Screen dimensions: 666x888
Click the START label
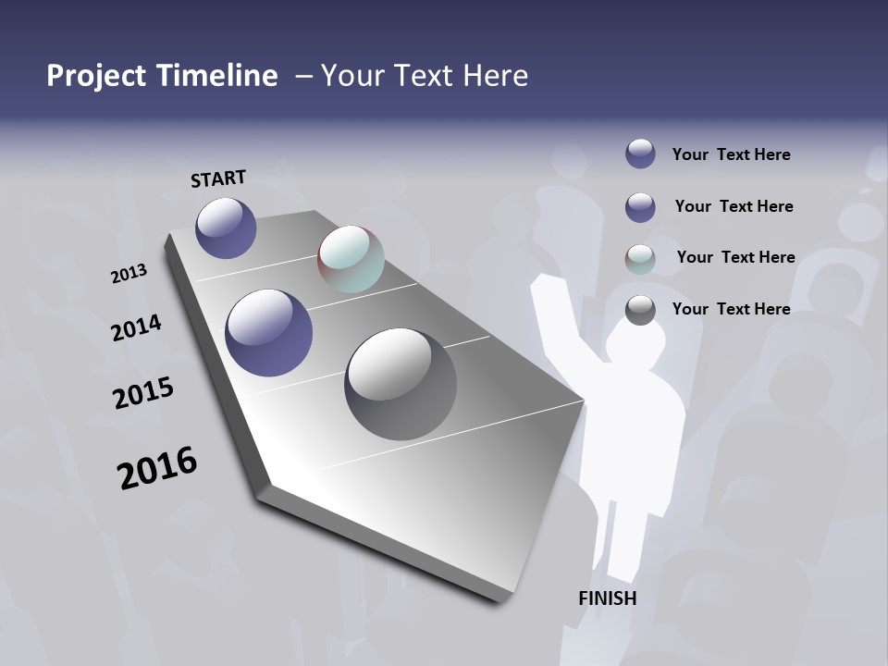click(218, 179)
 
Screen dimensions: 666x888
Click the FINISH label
click(607, 598)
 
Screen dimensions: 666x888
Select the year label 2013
click(129, 274)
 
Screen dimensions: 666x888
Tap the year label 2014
click(136, 327)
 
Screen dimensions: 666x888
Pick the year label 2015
click(143, 393)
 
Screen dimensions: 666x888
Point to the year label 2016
click(157, 468)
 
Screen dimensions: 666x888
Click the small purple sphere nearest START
click(226, 228)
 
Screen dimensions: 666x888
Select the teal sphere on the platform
click(351, 259)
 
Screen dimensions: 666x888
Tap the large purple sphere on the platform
click(269, 333)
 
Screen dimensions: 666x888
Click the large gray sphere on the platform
click(401, 384)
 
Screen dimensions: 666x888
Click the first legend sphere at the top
click(640, 154)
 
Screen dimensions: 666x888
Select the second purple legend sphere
click(640, 207)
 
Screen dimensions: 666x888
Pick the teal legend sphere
click(640, 259)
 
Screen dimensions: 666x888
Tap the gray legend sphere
click(640, 310)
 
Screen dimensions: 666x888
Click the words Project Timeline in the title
click(162, 76)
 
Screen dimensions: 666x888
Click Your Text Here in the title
click(425, 76)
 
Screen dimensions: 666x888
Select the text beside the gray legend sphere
click(731, 309)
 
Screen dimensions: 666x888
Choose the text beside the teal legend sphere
click(735, 257)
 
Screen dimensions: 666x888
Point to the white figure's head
click(636, 342)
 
